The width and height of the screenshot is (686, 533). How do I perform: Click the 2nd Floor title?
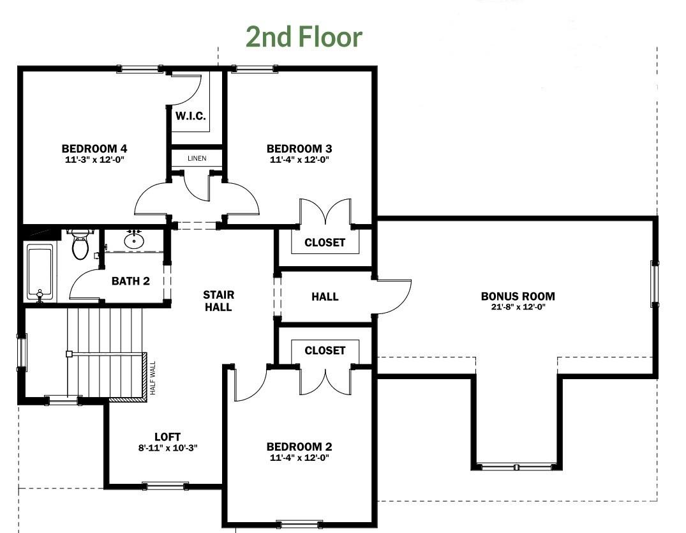304,36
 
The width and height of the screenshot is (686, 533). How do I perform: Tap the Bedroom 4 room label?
94,148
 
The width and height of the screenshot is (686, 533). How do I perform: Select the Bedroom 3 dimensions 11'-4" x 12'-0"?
299,160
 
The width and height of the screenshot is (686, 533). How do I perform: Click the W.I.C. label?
190,116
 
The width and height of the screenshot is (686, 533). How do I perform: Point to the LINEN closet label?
197,158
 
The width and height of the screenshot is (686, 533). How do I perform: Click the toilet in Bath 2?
80,244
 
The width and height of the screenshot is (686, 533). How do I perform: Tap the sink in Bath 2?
133,239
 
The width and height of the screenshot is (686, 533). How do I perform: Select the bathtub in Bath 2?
40,272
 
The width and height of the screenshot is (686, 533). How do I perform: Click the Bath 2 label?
130,281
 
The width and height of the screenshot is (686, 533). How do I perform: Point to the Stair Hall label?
218,301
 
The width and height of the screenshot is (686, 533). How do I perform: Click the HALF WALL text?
153,378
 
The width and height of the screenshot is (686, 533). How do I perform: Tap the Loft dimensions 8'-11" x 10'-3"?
168,447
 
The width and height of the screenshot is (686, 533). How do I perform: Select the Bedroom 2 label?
299,446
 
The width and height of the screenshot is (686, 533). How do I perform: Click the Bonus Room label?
518,296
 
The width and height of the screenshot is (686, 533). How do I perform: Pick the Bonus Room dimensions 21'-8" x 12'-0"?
518,307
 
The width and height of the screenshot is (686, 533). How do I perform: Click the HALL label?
325,297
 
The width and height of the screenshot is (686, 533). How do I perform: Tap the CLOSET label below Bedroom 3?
325,243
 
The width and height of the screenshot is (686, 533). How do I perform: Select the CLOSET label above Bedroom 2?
325,350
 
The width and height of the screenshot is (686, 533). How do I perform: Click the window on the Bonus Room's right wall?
655,283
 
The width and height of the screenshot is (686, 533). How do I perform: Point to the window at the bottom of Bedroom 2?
300,524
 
